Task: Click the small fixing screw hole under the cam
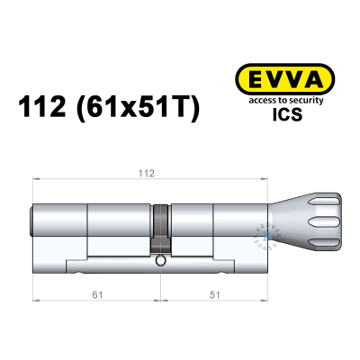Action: [160, 262]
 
